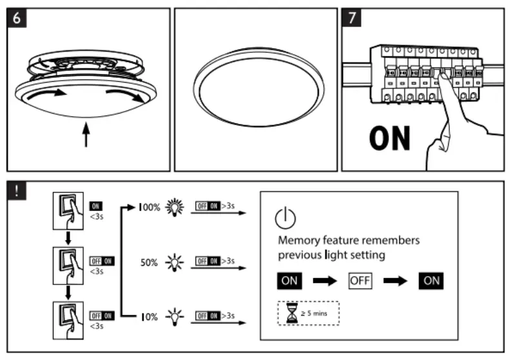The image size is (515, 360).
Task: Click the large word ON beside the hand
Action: (x=390, y=139)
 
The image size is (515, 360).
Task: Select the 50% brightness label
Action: (x=150, y=263)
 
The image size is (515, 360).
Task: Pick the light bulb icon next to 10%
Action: (x=174, y=317)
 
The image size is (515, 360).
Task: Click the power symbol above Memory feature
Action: (x=284, y=219)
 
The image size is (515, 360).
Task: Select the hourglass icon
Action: (x=291, y=314)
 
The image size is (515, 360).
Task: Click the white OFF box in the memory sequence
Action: (x=361, y=281)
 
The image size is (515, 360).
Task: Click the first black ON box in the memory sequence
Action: (x=290, y=281)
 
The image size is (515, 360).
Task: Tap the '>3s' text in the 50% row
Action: (x=228, y=261)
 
